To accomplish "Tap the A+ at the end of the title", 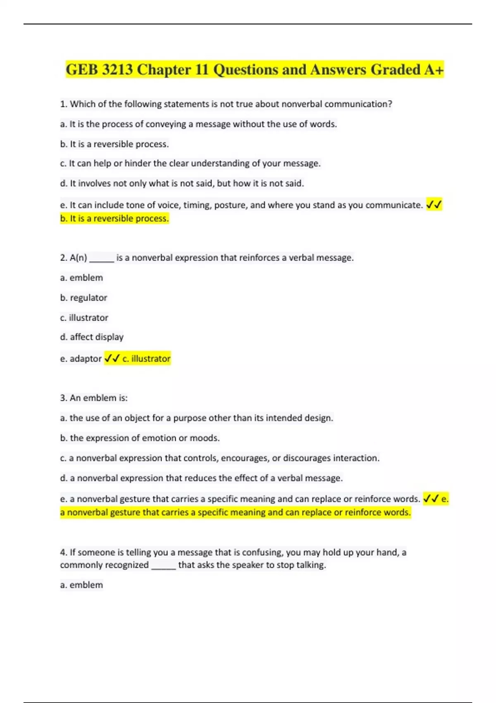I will [434, 69].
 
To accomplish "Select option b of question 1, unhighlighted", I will [114, 144].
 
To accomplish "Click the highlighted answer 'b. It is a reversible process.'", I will [114, 218].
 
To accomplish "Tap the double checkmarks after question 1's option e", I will [434, 205].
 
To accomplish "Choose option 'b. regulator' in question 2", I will [83, 298].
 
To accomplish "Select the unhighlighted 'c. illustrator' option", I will [84, 318].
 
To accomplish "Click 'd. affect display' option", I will [92, 337].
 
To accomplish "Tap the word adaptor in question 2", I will [86, 359].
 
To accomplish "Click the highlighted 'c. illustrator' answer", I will [146, 359].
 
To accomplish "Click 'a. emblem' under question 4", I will [81, 585].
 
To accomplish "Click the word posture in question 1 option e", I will [233, 205].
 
